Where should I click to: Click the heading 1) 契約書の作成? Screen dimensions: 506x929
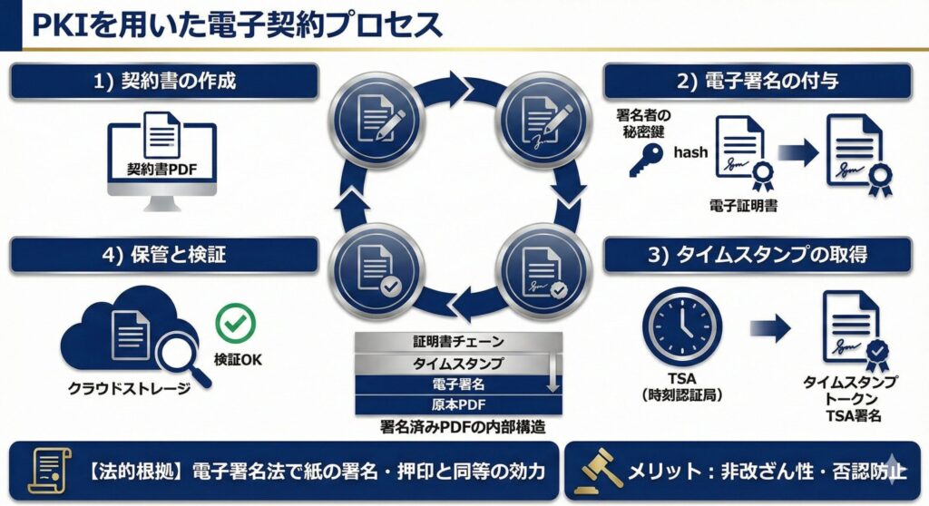pyautogui.click(x=164, y=81)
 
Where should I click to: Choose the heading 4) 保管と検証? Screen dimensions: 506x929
pyautogui.click(x=164, y=255)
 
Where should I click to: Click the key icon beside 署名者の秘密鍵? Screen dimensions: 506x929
pyautogui.click(x=646, y=161)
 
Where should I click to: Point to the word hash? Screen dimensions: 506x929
pyautogui.click(x=690, y=152)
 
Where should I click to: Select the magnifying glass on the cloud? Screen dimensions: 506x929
pyautogui.click(x=180, y=355)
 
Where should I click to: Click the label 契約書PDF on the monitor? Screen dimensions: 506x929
pyautogui.click(x=162, y=169)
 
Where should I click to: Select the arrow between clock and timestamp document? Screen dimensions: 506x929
pyautogui.click(x=770, y=326)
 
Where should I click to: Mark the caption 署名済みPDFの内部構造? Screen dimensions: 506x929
pyautogui.click(x=464, y=424)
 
